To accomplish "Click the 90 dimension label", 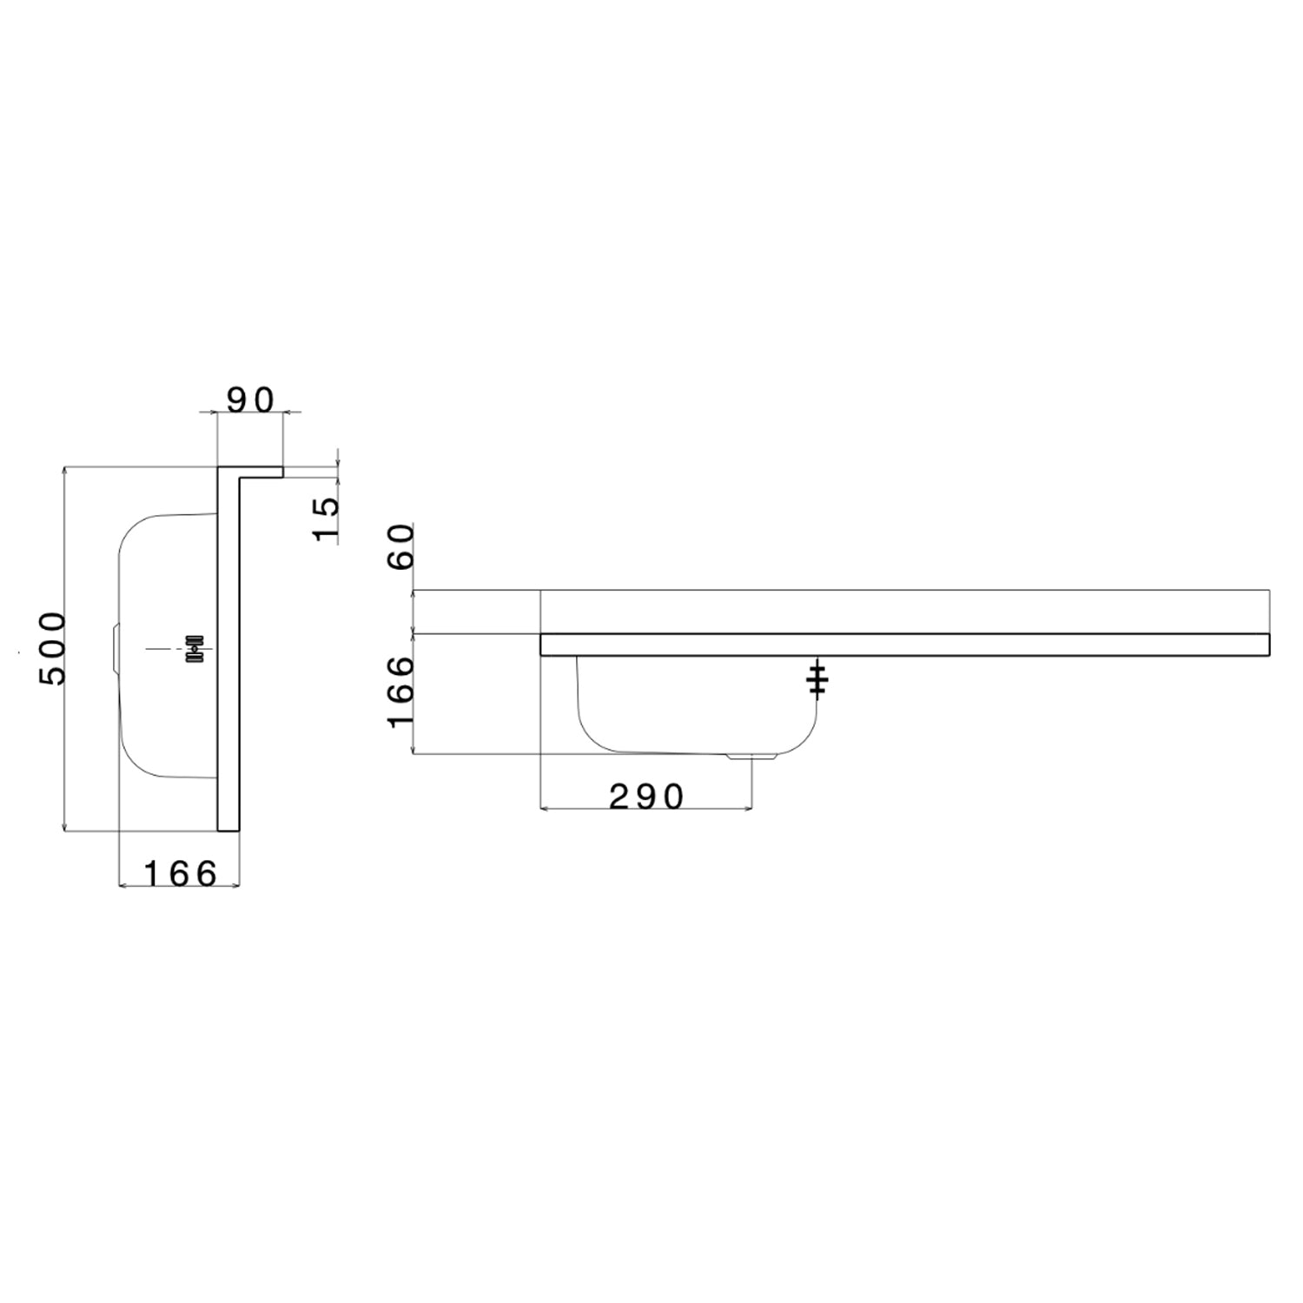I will [250, 400].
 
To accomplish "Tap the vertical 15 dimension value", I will [327, 519].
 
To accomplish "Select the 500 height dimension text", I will [52, 648].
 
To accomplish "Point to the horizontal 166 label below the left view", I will [180, 874].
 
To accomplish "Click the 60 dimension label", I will [402, 546].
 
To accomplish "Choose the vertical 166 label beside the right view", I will [402, 692].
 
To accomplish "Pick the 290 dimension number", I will [647, 797].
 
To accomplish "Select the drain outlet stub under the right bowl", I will [751, 757].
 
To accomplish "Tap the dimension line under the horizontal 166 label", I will [180, 886].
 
